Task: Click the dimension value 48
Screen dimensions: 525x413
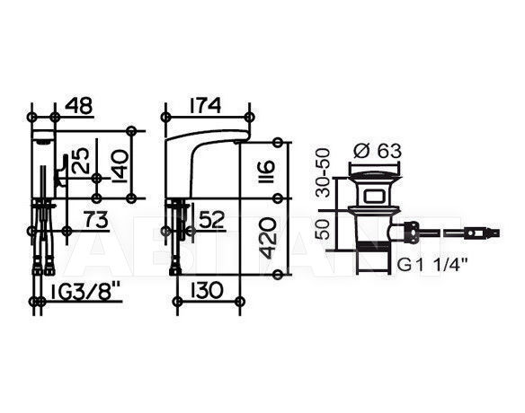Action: pyautogui.click(x=78, y=105)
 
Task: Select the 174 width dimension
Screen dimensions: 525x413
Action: pyautogui.click(x=205, y=105)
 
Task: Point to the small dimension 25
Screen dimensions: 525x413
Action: pyautogui.click(x=82, y=161)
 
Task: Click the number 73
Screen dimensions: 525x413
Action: pyautogui.click(x=96, y=220)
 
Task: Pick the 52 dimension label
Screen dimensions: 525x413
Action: pyautogui.click(x=210, y=221)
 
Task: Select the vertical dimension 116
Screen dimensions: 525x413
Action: pyautogui.click(x=267, y=171)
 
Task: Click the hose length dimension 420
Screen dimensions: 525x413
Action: pyautogui.click(x=268, y=238)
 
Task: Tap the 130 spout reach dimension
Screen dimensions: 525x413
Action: pyautogui.click(x=208, y=290)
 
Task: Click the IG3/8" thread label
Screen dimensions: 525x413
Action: pyautogui.click(x=85, y=294)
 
